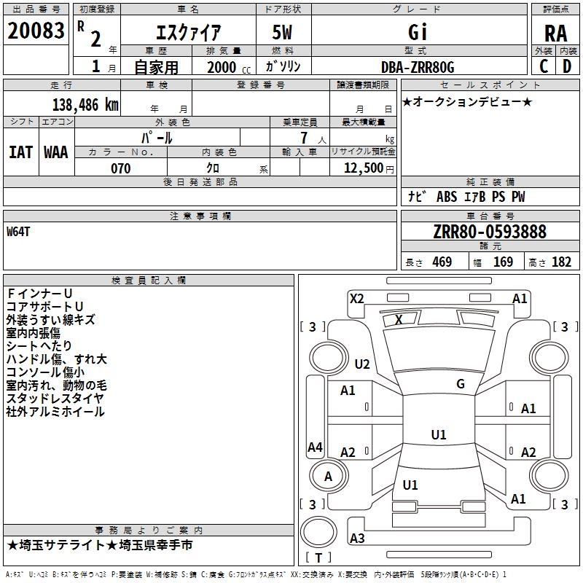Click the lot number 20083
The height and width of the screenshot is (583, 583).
tap(36, 31)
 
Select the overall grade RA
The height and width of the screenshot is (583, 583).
tap(556, 34)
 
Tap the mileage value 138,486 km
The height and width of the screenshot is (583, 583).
tap(85, 105)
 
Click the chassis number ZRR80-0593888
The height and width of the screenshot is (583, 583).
tap(490, 232)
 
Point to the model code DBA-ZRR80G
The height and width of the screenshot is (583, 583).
tap(418, 67)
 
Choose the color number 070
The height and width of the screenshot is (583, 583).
tap(121, 168)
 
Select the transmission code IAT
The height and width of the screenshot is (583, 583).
tap(21, 152)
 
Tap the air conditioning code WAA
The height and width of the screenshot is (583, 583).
tap(56, 152)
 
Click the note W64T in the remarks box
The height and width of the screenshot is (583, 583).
tap(18, 232)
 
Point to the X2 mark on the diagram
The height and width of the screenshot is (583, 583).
tap(357, 299)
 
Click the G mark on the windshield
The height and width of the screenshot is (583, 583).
tap(461, 383)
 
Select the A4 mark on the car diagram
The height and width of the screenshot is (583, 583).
tap(315, 447)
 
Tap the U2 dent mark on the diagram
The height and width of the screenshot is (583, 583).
tap(362, 364)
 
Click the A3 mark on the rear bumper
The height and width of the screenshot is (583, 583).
tap(357, 538)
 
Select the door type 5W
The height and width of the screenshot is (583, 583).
tap(282, 32)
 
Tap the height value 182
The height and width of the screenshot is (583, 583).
tap(561, 262)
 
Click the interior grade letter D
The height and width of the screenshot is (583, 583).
tap(567, 66)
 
